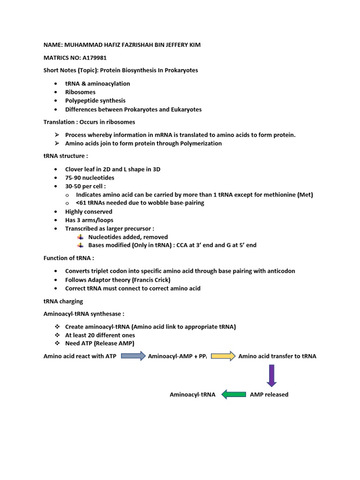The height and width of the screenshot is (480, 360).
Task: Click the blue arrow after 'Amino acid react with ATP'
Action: pos(133,356)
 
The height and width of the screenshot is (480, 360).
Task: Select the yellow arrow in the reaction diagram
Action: pos(223,356)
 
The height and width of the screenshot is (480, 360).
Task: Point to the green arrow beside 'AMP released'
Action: pos(233,395)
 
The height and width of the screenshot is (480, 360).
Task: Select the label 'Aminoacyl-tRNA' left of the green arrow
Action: pos(192,395)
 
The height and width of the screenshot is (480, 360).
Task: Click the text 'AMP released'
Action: pos(269,395)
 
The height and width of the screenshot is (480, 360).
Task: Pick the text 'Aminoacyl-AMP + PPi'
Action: pos(177,356)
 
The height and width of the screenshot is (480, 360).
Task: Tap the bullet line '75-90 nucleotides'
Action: pos(90,178)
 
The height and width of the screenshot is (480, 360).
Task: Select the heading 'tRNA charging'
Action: pos(63,301)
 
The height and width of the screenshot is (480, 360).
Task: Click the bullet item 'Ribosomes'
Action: pos(80,92)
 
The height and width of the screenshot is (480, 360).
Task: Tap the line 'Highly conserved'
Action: pos(89,212)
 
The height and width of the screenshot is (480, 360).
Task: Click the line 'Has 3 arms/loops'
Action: pos(89,220)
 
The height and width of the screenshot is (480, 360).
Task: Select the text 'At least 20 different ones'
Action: pos(100,335)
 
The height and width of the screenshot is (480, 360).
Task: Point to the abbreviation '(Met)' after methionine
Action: pos(305,195)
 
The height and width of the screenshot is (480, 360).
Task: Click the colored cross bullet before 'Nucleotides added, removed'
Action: pos(80,237)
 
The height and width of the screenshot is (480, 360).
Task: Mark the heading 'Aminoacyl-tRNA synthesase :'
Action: pos(84,314)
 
